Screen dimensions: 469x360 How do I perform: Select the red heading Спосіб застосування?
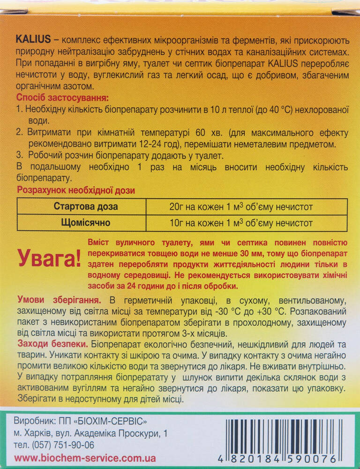pyautogui.click(x=62, y=98)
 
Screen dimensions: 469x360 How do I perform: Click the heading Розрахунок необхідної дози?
pyautogui.click(x=75, y=190)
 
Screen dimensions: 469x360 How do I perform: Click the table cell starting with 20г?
pyautogui.click(x=241, y=207)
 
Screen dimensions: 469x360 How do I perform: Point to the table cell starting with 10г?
pyautogui.click(x=241, y=223)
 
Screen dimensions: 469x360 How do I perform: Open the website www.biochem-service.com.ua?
pyautogui.click(x=85, y=458)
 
